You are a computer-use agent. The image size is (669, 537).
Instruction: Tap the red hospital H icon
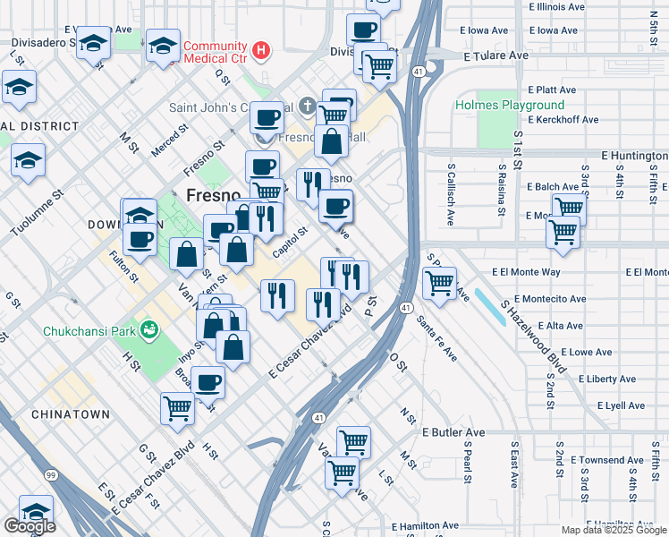click(x=261, y=48)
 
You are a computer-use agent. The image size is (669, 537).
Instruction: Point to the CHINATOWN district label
click(x=71, y=414)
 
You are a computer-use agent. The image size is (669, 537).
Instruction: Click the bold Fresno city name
click(x=213, y=195)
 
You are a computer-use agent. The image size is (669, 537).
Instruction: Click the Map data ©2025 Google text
click(x=614, y=530)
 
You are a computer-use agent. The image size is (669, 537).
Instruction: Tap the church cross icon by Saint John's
click(x=307, y=107)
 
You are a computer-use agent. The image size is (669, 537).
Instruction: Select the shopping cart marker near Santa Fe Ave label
click(x=439, y=283)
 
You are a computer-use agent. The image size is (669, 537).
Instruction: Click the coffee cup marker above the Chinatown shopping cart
click(x=208, y=382)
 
